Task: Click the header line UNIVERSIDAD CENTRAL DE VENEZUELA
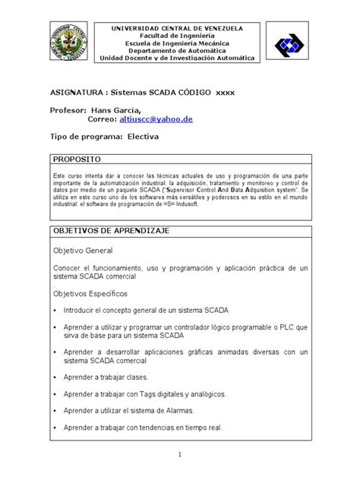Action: pyautogui.click(x=178, y=27)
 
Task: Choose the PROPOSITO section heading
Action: pyautogui.click(x=77, y=160)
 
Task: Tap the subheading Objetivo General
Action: pyautogui.click(x=83, y=250)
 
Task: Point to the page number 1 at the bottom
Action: pyautogui.click(x=181, y=455)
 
